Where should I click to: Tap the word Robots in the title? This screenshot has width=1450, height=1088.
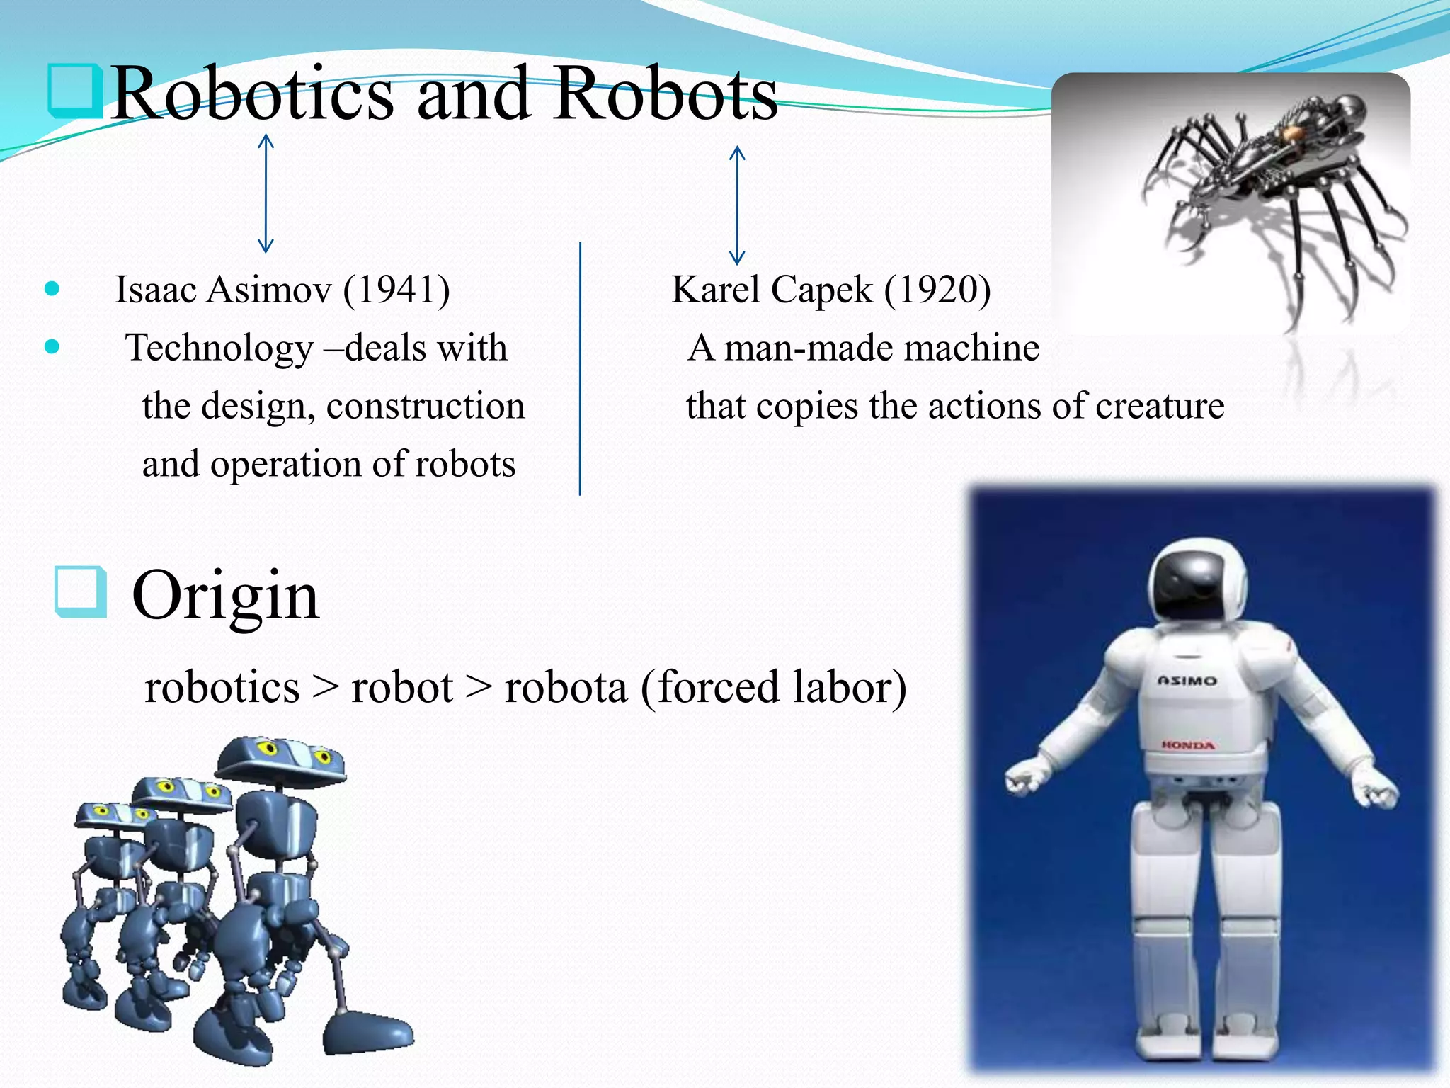666,94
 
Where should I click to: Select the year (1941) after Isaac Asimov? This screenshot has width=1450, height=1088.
396,290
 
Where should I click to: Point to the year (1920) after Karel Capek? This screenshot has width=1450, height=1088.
937,290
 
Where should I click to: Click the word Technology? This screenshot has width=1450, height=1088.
219,348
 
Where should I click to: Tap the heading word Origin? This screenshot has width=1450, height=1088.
226,596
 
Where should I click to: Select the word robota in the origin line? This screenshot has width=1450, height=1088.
566,687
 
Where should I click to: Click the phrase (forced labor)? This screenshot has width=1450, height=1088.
773,687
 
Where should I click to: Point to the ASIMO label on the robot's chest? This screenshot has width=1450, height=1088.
1187,681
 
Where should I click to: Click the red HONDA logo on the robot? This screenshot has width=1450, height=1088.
1188,745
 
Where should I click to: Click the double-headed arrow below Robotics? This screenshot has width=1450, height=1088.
266,193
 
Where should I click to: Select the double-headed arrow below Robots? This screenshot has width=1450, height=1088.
737,205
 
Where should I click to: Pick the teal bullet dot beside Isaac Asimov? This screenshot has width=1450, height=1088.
52,288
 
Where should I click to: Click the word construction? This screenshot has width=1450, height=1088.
426,407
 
